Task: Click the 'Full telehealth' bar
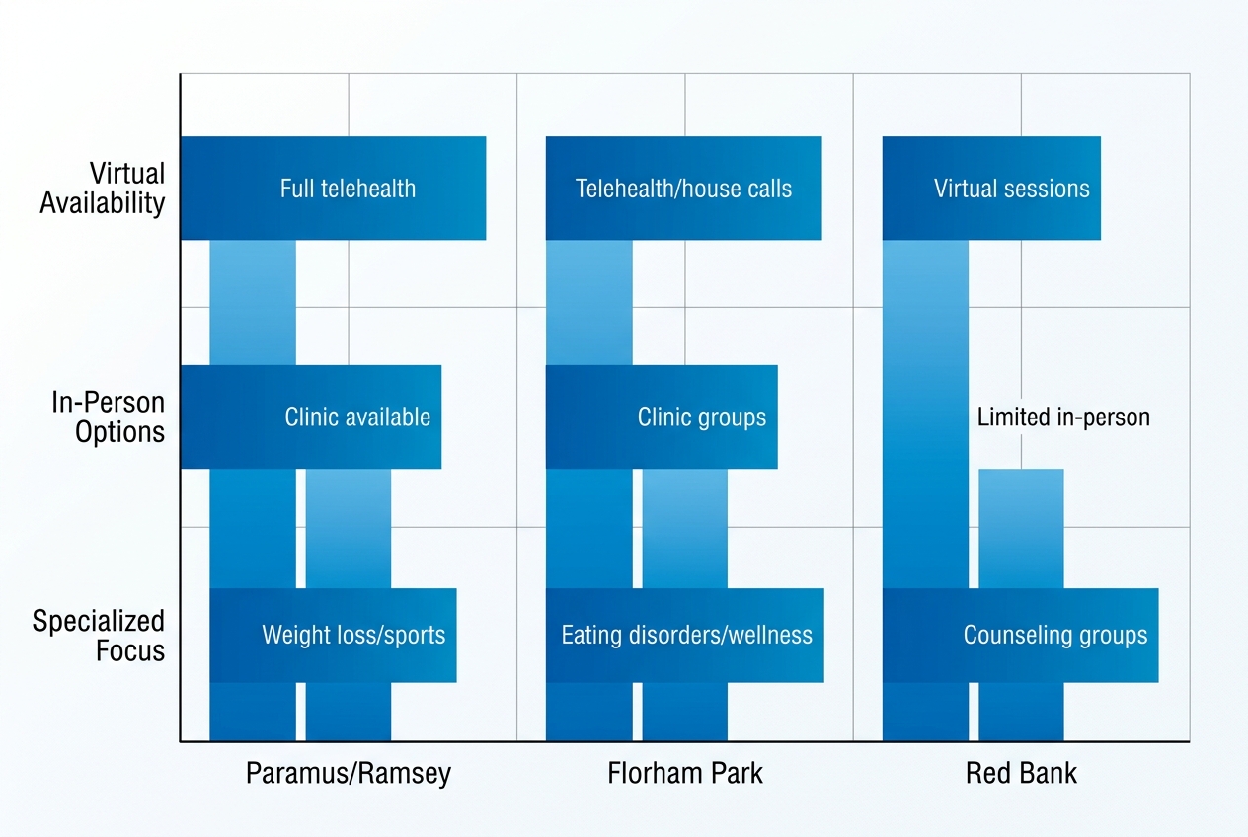pos(333,188)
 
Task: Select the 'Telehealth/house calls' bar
pos(683,188)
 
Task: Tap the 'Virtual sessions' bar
pos(991,188)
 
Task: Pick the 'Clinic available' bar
pos(311,417)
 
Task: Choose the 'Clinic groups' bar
pos(662,417)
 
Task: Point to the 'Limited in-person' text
pos(1063,417)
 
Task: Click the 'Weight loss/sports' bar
pos(333,635)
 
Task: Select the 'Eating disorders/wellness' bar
pos(685,635)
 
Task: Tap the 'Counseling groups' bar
pos(1020,635)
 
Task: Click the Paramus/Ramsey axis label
pos(348,772)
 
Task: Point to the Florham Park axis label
pos(685,772)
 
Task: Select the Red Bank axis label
pos(1021,772)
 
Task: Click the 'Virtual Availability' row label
pos(103,189)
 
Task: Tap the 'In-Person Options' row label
pos(109,418)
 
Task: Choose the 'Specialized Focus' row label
pos(99,636)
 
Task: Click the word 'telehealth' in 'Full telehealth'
pos(368,188)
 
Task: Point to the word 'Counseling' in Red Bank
pos(1010,635)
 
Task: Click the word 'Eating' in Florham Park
pos(589,635)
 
